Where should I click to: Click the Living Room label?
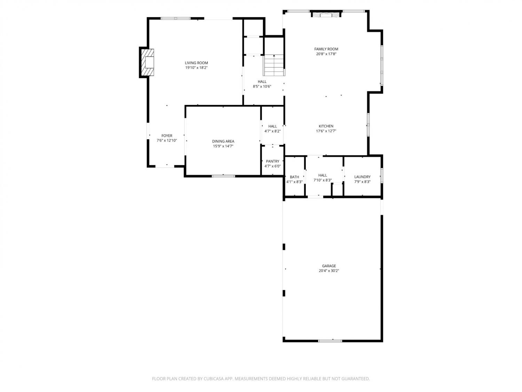(x=196, y=63)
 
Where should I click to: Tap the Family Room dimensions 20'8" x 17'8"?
(x=326, y=54)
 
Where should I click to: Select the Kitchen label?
(x=326, y=126)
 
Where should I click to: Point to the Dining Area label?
(x=223, y=141)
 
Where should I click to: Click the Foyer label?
(x=167, y=136)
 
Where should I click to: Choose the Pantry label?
(x=272, y=161)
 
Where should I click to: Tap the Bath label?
(x=294, y=177)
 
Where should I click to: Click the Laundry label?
(x=362, y=177)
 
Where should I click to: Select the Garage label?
(x=329, y=266)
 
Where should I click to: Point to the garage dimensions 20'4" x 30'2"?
(x=329, y=271)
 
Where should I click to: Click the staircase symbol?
(x=274, y=65)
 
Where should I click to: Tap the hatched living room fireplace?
(x=148, y=62)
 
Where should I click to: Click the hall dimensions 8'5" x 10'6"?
(x=262, y=86)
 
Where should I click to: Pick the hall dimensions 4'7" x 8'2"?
(x=272, y=131)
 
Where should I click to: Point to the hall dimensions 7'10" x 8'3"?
(x=323, y=180)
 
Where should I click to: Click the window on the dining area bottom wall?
(x=223, y=176)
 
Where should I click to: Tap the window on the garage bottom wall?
(x=330, y=341)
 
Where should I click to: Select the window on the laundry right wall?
(x=381, y=175)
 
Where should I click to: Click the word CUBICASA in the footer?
(x=213, y=379)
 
